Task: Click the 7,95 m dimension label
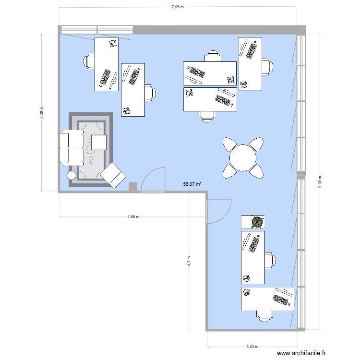[x=177, y=7]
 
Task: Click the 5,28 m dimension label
[x=41, y=112]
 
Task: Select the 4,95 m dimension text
[x=133, y=216]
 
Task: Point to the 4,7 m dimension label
[x=190, y=261]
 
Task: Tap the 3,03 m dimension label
[x=252, y=347]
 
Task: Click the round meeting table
[x=243, y=157]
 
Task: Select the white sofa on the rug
[x=71, y=147]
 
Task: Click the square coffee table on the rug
[x=99, y=143]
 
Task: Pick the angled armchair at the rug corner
[x=113, y=175]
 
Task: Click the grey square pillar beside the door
[x=133, y=187]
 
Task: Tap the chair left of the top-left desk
[x=89, y=61]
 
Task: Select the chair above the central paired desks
[x=212, y=56]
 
